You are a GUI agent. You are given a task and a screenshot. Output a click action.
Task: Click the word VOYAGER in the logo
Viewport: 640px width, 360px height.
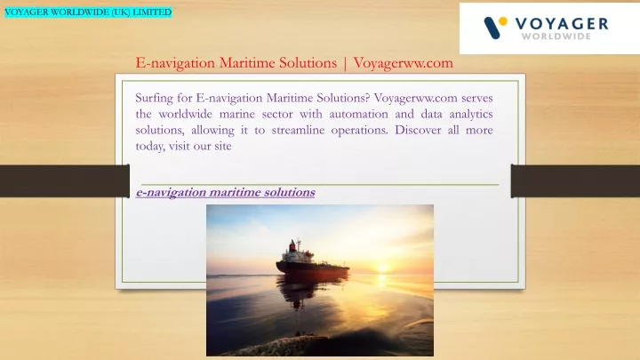pyautogui.click(x=562, y=24)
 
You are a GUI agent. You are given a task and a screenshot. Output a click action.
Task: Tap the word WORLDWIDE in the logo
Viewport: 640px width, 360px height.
pyautogui.click(x=556, y=36)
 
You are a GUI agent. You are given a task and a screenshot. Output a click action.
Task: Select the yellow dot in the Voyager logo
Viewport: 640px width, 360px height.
pyautogui.click(x=503, y=21)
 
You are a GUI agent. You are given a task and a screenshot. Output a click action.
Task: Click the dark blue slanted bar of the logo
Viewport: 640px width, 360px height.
pyautogui.click(x=492, y=28)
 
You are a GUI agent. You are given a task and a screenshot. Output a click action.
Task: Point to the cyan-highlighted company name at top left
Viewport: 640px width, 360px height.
pyautogui.click(x=88, y=12)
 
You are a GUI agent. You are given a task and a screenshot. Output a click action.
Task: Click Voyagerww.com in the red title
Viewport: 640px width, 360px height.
pyautogui.click(x=404, y=63)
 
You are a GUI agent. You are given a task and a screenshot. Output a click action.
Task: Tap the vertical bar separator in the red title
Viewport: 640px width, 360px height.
pyautogui.click(x=345, y=64)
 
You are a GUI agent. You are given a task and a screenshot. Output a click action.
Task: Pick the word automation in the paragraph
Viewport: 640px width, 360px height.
pyautogui.click(x=358, y=114)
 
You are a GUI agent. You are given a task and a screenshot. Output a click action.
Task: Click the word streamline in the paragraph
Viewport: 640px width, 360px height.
pyautogui.click(x=298, y=130)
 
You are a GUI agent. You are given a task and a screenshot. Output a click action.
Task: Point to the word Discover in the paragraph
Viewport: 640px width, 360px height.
pyautogui.click(x=418, y=130)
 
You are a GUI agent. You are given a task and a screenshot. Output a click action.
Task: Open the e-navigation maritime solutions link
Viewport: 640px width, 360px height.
pyautogui.click(x=225, y=192)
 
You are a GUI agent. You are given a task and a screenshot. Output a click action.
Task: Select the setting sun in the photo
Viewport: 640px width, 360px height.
pyautogui.click(x=382, y=268)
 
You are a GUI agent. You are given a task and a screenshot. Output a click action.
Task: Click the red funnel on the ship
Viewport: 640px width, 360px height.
pyautogui.click(x=292, y=246)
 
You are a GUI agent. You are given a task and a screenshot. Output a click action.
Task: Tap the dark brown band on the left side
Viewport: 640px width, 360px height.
pyautogui.click(x=65, y=181)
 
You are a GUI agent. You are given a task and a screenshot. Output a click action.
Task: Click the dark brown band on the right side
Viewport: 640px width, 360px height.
pyautogui.click(x=575, y=181)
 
